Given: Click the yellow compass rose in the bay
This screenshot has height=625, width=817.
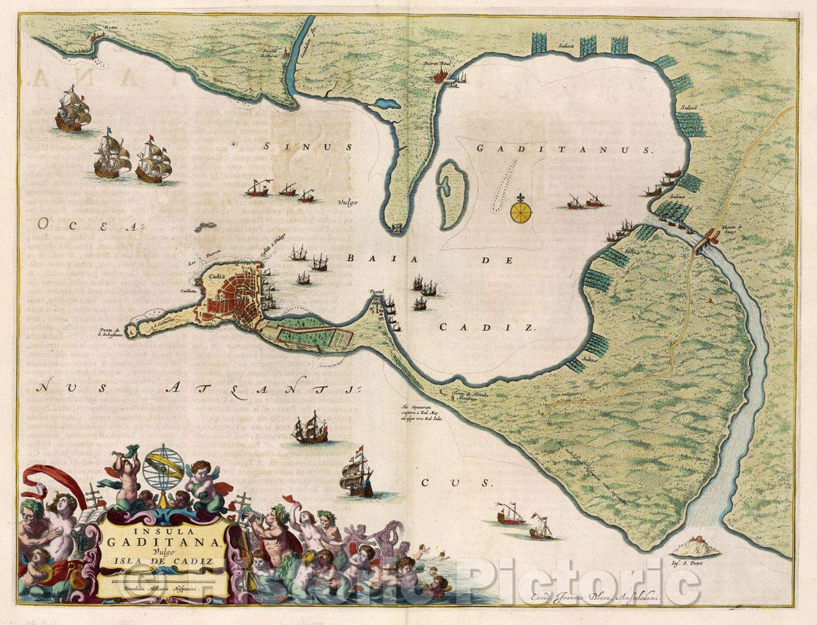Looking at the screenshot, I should tap(520, 210).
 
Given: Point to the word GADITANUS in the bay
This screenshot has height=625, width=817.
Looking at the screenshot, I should tap(564, 150).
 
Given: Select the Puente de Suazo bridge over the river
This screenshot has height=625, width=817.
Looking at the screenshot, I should tap(710, 239).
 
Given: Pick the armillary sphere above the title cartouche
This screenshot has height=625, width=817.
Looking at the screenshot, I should tap(163, 468).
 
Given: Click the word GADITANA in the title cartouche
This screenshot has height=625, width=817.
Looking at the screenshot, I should tap(163, 540).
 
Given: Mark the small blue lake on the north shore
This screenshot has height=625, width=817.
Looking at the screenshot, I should tap(387, 104).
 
